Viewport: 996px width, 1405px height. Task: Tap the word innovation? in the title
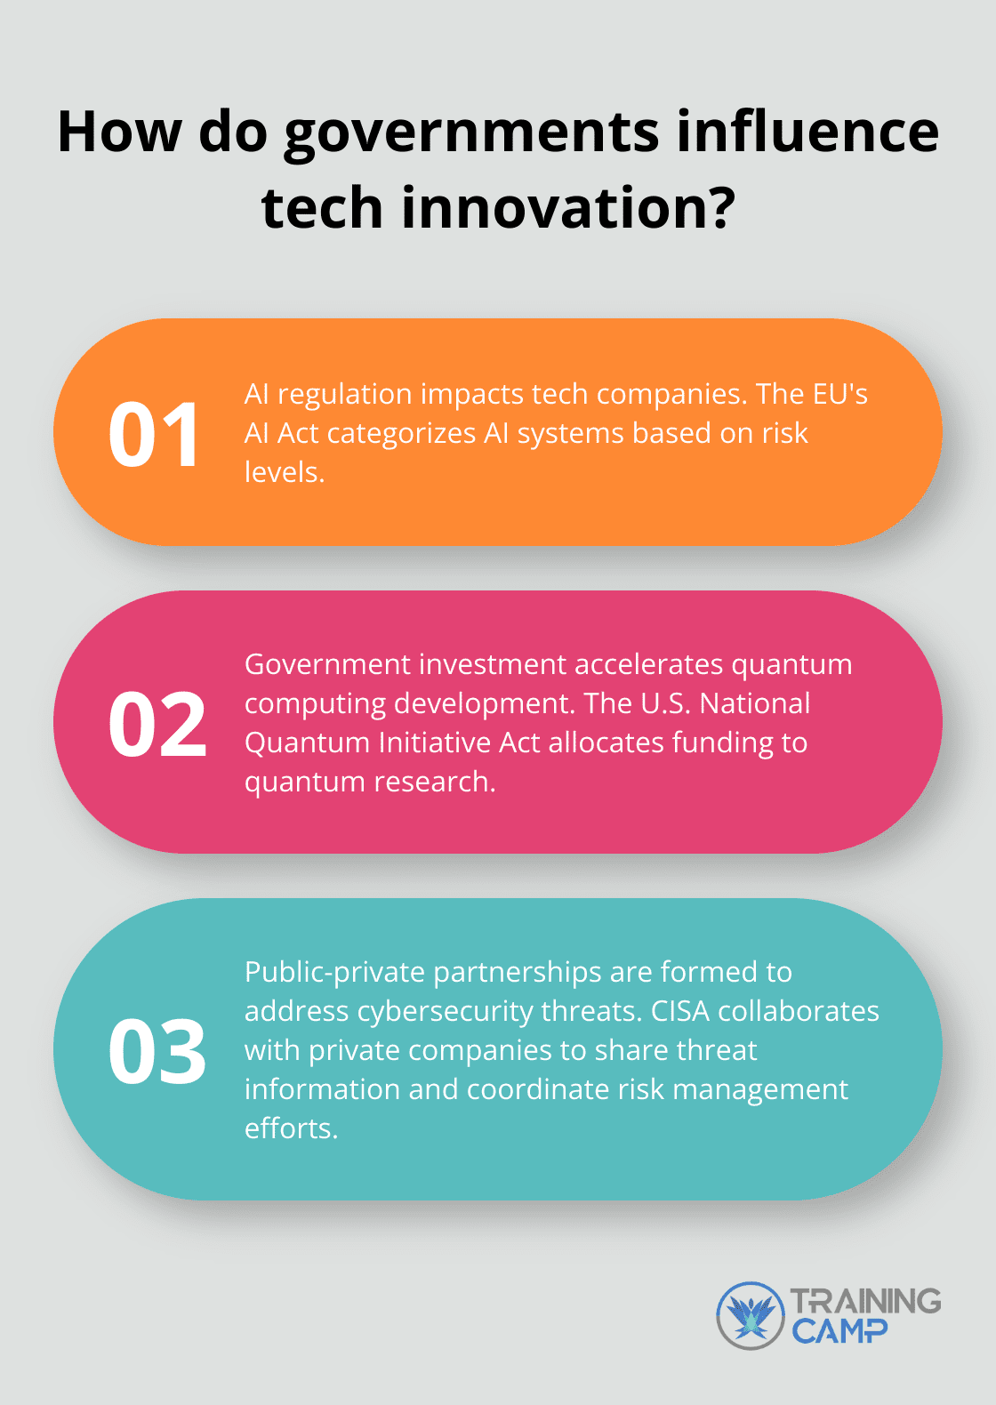(568, 208)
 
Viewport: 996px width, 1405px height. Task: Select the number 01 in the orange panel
(154, 435)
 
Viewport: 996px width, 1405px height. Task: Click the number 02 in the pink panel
(157, 724)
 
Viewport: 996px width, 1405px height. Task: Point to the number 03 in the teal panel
(157, 1051)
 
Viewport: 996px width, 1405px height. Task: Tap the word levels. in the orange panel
(285, 472)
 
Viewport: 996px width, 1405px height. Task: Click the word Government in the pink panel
(317, 664)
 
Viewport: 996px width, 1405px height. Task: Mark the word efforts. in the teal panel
(291, 1128)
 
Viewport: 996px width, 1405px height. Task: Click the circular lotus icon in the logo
(751, 1315)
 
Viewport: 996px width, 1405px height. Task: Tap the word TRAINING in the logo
(865, 1301)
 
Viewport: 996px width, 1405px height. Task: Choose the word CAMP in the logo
(839, 1331)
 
